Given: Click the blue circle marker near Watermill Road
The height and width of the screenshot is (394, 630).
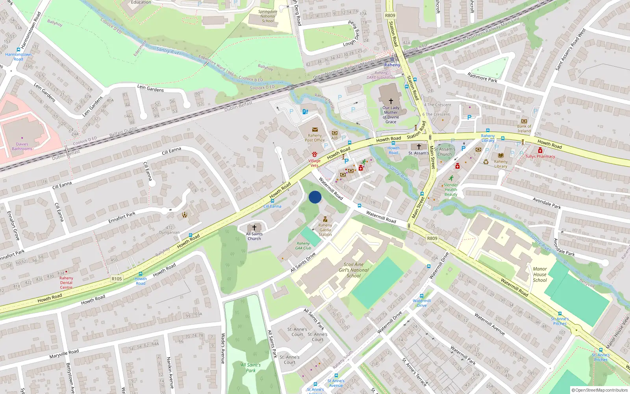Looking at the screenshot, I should [x=315, y=197].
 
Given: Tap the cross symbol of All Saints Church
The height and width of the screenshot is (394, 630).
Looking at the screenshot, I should [x=254, y=228].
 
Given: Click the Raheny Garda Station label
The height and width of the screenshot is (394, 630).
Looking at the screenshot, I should [x=325, y=230].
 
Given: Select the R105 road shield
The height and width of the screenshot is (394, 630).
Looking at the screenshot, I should [x=117, y=279].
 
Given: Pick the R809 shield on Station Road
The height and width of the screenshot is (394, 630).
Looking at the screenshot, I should [x=390, y=15].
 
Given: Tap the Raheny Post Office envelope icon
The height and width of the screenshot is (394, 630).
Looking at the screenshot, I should [x=315, y=129].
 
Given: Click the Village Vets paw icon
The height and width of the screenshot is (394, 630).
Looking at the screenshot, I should [x=314, y=154].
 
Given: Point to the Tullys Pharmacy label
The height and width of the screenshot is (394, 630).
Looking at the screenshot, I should [x=540, y=156].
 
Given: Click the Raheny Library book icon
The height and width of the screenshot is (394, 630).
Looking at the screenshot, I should [x=500, y=156].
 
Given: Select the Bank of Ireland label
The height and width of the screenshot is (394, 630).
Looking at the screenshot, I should [x=524, y=129].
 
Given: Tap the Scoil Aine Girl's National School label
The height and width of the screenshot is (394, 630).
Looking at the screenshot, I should [x=354, y=270].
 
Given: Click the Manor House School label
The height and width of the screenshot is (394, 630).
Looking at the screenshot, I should [x=540, y=275].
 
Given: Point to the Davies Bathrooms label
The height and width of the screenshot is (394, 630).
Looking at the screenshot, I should [x=22, y=147].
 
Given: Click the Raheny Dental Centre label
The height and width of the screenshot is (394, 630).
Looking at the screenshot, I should [x=66, y=282].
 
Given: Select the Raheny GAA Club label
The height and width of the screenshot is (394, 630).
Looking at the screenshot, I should [x=303, y=246].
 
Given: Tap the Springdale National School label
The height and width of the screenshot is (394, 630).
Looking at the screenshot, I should [x=268, y=16].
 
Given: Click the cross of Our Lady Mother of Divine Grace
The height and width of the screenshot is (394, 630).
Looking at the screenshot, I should [x=391, y=101].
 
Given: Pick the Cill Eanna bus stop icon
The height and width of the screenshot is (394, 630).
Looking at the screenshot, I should [x=272, y=201].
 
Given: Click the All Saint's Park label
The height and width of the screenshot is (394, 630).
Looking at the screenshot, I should [x=251, y=368].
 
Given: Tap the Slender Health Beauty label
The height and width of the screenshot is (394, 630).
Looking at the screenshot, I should [x=451, y=190].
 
